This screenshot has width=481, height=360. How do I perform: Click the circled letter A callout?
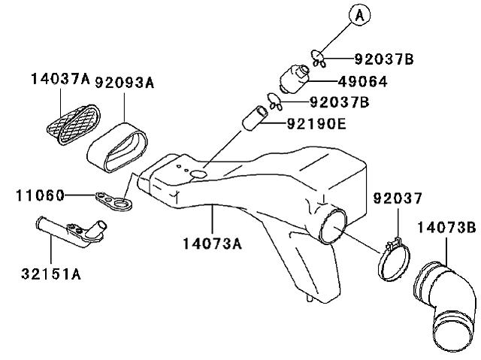coord(359,15)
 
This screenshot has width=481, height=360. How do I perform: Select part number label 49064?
coord(362,82)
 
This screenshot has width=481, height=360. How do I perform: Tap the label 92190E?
coord(316,124)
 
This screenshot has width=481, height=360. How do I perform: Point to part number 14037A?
coord(60,79)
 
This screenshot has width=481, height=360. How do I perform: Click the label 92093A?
coord(124,83)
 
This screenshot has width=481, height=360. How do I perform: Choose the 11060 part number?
coord(40,195)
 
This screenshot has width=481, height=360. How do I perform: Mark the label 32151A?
coord(51,274)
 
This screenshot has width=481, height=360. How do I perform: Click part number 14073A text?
coord(212,244)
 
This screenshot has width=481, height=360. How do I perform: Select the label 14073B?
coord(446,228)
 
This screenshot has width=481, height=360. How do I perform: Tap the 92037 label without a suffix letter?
coord(398,198)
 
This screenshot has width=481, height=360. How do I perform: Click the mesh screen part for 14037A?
coord(74,124)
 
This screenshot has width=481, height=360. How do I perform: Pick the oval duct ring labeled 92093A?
coord(117,147)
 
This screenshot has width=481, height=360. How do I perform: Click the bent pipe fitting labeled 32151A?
coord(71,231)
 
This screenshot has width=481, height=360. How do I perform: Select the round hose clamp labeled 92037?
coord(395,259)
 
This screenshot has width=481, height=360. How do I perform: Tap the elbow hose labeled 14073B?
coord(445,307)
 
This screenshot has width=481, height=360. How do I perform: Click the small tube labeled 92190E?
coord(255,118)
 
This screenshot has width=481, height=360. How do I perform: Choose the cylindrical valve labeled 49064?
coord(295,79)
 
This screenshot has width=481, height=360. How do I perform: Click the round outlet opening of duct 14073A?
coord(333,225)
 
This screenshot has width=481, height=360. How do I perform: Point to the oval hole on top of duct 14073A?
coord(198,174)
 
